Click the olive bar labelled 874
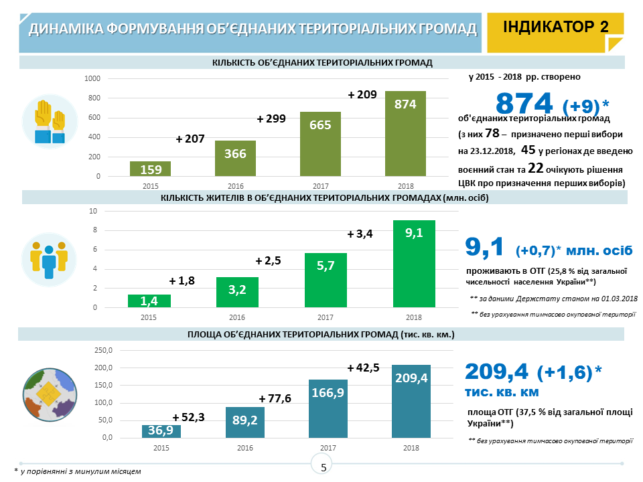(405, 134)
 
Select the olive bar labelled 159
(150, 169)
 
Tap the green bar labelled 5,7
(326, 280)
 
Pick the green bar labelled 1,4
(150, 301)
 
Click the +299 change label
(271, 119)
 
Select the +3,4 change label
(360, 234)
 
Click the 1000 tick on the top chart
(92, 79)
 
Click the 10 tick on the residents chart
(94, 211)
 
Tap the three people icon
(50, 258)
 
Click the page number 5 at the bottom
(324, 467)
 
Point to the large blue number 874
(524, 103)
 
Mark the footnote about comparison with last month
(78, 472)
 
